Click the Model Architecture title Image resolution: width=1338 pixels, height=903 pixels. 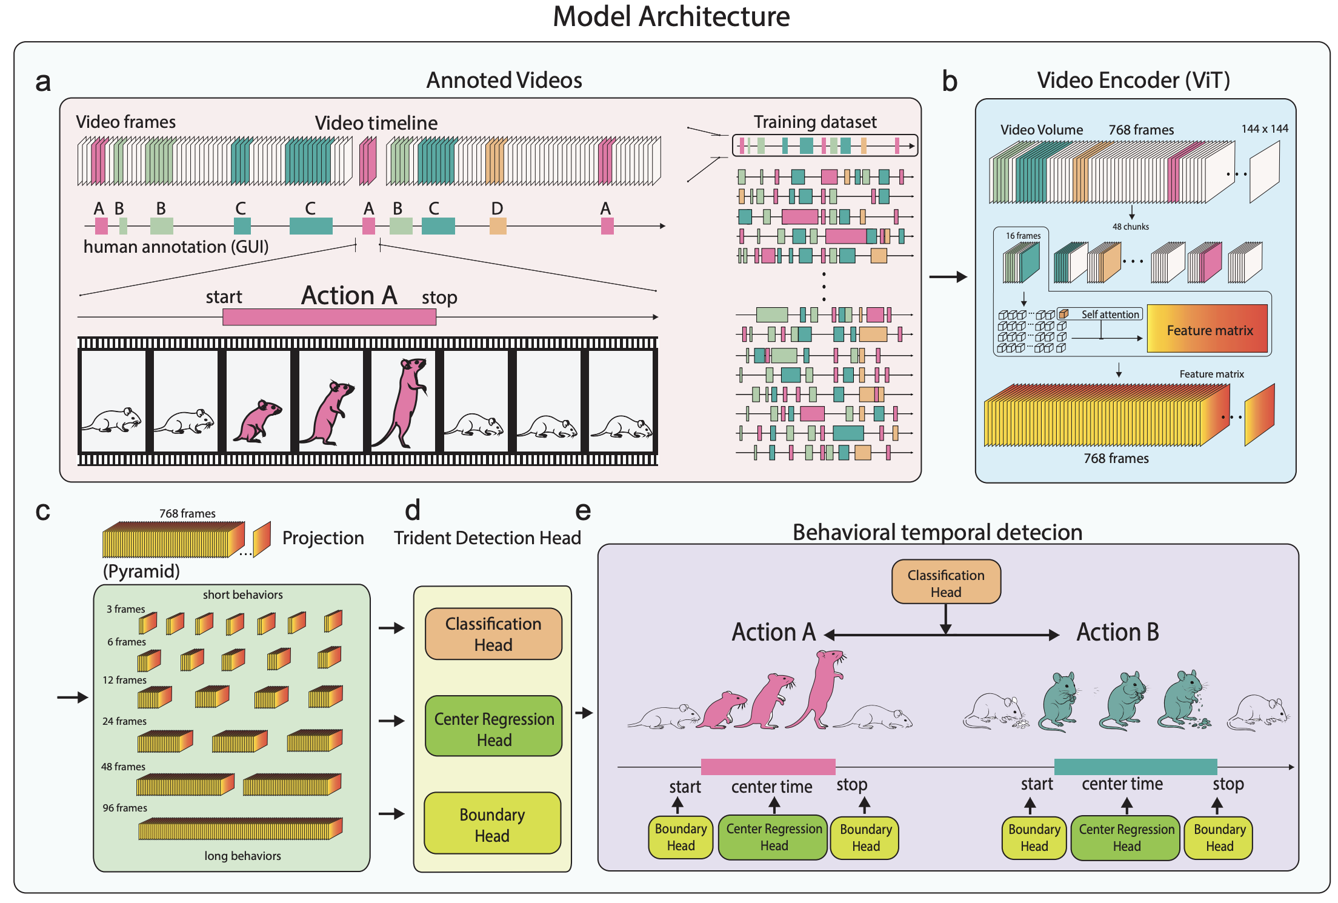pos(671,16)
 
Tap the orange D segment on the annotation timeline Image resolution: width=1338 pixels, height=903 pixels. pos(498,226)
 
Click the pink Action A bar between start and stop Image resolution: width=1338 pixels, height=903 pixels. pos(329,317)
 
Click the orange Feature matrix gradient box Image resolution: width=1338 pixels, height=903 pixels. pos(1207,329)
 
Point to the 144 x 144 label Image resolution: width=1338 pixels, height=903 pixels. pos(1264,128)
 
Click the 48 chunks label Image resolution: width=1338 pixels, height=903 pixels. pos(1130,227)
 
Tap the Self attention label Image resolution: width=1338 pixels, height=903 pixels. pos(1110,315)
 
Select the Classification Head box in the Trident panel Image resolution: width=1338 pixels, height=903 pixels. pos(493,634)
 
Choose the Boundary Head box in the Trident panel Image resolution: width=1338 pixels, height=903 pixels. pos(492,824)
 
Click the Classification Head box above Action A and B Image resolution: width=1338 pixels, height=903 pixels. pos(945,582)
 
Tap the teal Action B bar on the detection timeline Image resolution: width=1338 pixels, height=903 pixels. pos(1135,767)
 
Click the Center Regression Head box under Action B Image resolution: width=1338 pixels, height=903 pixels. pos(1126,838)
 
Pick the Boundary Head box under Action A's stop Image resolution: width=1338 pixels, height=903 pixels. pos(865,838)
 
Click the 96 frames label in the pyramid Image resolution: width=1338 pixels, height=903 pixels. pos(125,808)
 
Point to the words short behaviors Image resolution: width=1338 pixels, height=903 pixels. pos(242,595)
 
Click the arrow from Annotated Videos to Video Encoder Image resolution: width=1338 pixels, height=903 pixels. pos(948,277)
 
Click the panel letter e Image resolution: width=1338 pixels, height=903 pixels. pos(582,511)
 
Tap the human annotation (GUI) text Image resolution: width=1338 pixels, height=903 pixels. pos(176,247)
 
